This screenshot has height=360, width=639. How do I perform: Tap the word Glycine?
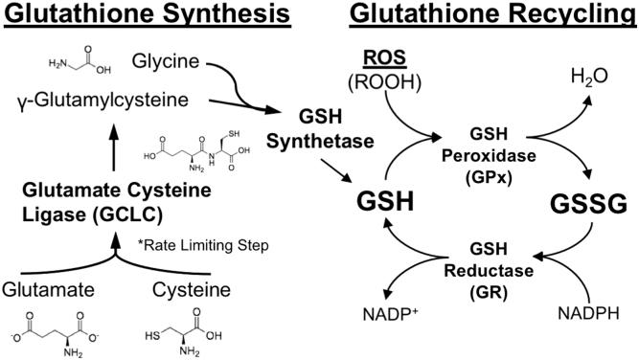[167, 62]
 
